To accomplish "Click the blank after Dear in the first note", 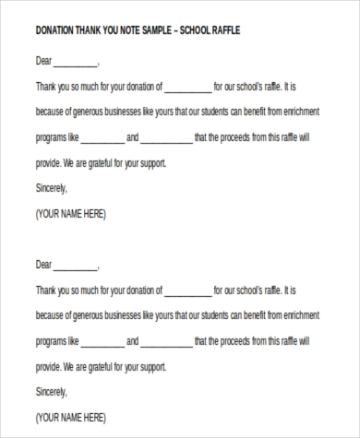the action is [x=75, y=65].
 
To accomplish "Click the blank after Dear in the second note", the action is [x=75, y=266].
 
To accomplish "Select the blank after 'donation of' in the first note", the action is [x=187, y=89].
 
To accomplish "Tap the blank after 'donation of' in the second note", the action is [x=187, y=290].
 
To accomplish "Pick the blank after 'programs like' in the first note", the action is [x=102, y=139].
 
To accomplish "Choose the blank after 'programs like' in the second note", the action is [x=102, y=341].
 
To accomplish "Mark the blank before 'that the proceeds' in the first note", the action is [x=167, y=139].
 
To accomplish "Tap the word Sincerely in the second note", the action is [x=51, y=391].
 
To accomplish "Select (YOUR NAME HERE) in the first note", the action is [x=70, y=214].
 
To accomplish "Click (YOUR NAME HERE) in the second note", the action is [x=70, y=416].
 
